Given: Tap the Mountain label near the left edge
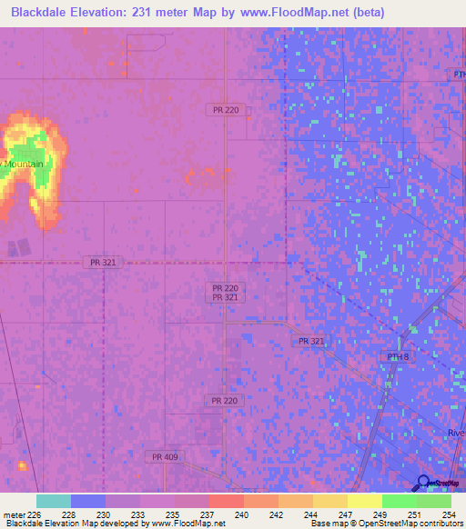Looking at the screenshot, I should click(x=25, y=164).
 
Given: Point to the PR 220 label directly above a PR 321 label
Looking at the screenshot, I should click(x=225, y=287).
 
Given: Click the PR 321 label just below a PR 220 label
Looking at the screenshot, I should click(x=225, y=297).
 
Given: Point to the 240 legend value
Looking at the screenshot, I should click(x=242, y=514).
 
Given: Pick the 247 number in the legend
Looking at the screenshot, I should click(x=344, y=514).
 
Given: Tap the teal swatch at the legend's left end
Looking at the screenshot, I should click(x=54, y=501).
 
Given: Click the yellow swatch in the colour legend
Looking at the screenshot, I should click(x=364, y=501).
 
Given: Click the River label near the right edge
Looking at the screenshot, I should click(x=455, y=433).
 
